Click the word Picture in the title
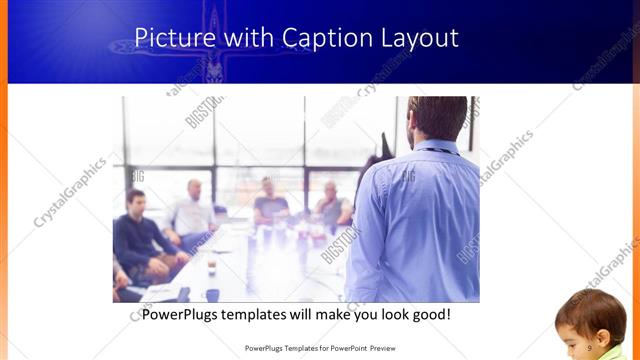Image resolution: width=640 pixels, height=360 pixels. pyautogui.click(x=172, y=38)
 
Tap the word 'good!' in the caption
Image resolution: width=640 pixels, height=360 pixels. pyautogui.click(x=428, y=314)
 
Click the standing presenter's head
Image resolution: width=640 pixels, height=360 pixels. pyautogui.click(x=437, y=118)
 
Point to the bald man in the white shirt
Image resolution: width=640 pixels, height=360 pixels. pyautogui.click(x=192, y=211)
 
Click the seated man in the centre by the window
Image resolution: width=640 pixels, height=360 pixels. pyautogui.click(x=269, y=203)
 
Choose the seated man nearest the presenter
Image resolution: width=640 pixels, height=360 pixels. pyautogui.click(x=333, y=206)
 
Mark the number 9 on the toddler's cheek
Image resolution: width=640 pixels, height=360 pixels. pyautogui.click(x=590, y=345)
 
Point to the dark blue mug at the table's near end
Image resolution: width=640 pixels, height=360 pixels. pyautogui.click(x=212, y=295)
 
